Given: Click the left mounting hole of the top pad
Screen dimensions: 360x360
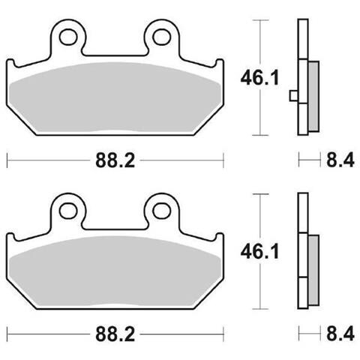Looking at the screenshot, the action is pyautogui.click(x=67, y=37).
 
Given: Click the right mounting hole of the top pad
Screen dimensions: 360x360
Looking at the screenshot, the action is pyautogui.click(x=161, y=37).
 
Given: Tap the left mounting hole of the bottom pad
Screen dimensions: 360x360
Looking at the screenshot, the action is pyautogui.click(x=67, y=211).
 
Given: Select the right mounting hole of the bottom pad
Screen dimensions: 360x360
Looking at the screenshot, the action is pyautogui.click(x=161, y=211).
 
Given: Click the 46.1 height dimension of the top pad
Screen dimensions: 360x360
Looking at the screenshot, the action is pyautogui.click(x=259, y=78).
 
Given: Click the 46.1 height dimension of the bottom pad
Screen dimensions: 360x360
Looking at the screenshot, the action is pyautogui.click(x=259, y=252).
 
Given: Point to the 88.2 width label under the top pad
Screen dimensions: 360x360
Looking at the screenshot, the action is pyautogui.click(x=115, y=160).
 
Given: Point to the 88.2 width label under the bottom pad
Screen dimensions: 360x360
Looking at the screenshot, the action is pyautogui.click(x=115, y=334).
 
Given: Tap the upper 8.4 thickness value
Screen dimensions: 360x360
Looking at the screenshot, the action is pyautogui.click(x=340, y=160).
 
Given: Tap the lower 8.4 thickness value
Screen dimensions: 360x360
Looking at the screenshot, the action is pyautogui.click(x=340, y=334).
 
